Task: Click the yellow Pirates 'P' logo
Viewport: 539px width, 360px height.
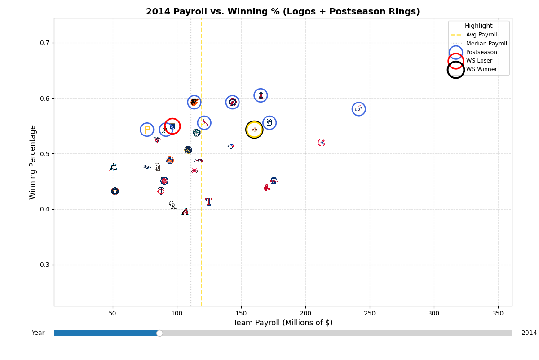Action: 147,130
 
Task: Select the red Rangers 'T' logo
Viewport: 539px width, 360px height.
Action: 208,201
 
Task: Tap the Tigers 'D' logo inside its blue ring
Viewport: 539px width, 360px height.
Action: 269,122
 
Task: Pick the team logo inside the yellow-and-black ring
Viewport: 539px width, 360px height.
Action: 254,130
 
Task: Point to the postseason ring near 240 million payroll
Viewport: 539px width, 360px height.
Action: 358,109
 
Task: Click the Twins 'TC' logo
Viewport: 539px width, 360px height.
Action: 161,191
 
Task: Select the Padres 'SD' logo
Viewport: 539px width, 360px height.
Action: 157,167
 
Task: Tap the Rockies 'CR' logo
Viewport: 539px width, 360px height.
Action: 172,205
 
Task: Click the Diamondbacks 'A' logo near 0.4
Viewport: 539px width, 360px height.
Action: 185,211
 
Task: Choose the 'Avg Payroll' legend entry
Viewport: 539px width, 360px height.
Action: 481,35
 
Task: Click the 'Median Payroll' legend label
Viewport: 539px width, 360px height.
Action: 486,44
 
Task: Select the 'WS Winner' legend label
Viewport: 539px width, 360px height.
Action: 482,69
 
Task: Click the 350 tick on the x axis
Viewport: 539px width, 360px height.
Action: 498,313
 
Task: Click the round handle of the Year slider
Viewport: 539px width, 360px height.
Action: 159,333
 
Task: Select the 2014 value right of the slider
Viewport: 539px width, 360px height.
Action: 529,333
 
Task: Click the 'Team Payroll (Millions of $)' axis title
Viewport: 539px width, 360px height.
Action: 283,323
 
